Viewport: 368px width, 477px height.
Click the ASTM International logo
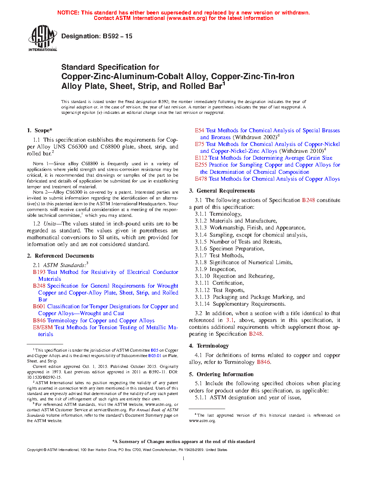pos(43,38)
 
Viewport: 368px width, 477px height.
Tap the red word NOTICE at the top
pos(68,13)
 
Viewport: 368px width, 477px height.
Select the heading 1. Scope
pos(40,130)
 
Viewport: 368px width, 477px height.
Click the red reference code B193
pos(39,272)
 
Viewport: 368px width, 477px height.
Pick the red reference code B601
pos(39,306)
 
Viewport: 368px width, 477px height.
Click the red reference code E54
pos(200,130)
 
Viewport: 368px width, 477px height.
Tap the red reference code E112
pos(201,158)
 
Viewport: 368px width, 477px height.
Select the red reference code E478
pos(201,179)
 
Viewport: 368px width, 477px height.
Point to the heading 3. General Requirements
pos(222,191)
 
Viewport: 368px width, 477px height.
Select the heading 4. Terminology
pos(209,346)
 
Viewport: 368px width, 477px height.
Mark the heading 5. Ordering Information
pos(221,374)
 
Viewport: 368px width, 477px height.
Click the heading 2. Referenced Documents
pos(61,256)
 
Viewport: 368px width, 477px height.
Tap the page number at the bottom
pos(184,459)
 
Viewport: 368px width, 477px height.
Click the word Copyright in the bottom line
pos(35,450)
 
